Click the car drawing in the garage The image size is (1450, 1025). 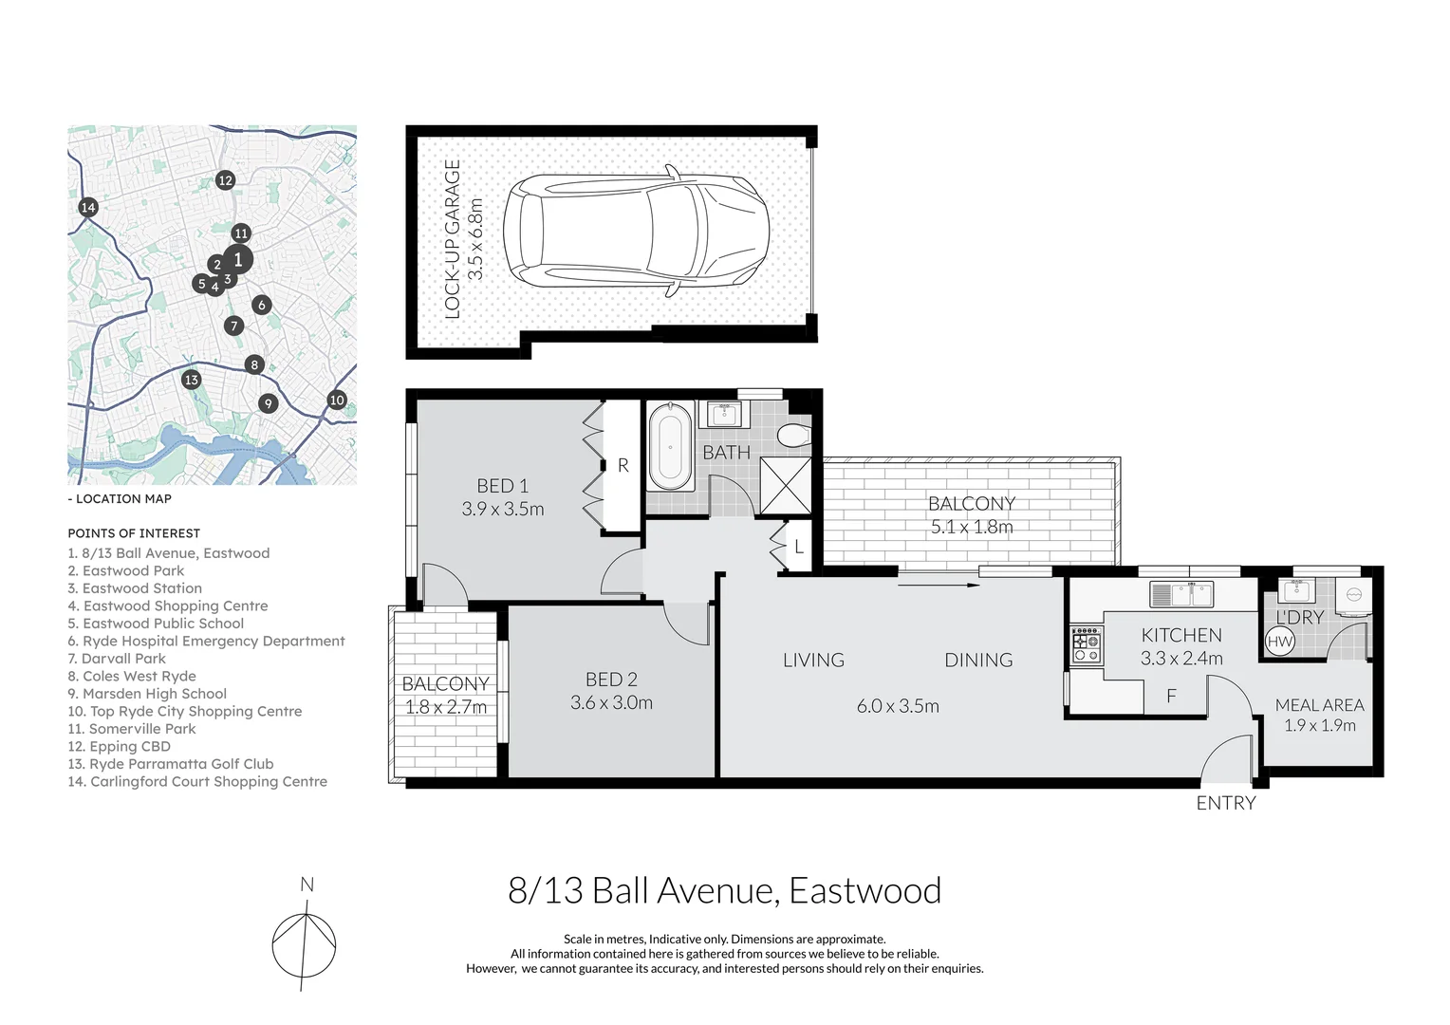point(636,231)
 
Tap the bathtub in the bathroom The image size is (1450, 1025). point(671,446)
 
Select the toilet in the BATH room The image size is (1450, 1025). point(791,436)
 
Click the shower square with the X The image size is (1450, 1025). point(786,485)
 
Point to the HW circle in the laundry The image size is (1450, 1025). point(1280,642)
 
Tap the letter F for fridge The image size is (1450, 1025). point(1171,697)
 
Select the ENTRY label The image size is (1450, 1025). point(1225,804)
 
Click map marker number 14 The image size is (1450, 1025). point(88,207)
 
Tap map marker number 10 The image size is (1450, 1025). point(337,400)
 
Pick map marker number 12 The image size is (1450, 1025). point(225,180)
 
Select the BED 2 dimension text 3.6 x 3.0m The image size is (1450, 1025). point(611,703)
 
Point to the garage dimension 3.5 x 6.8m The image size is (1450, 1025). point(475,238)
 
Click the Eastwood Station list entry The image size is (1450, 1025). point(135,588)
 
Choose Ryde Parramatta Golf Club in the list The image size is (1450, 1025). point(171,764)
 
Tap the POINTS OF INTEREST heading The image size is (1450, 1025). point(134,533)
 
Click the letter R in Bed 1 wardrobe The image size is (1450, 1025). point(623,465)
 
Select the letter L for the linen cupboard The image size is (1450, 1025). point(799,548)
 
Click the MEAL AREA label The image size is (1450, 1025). point(1319,705)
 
